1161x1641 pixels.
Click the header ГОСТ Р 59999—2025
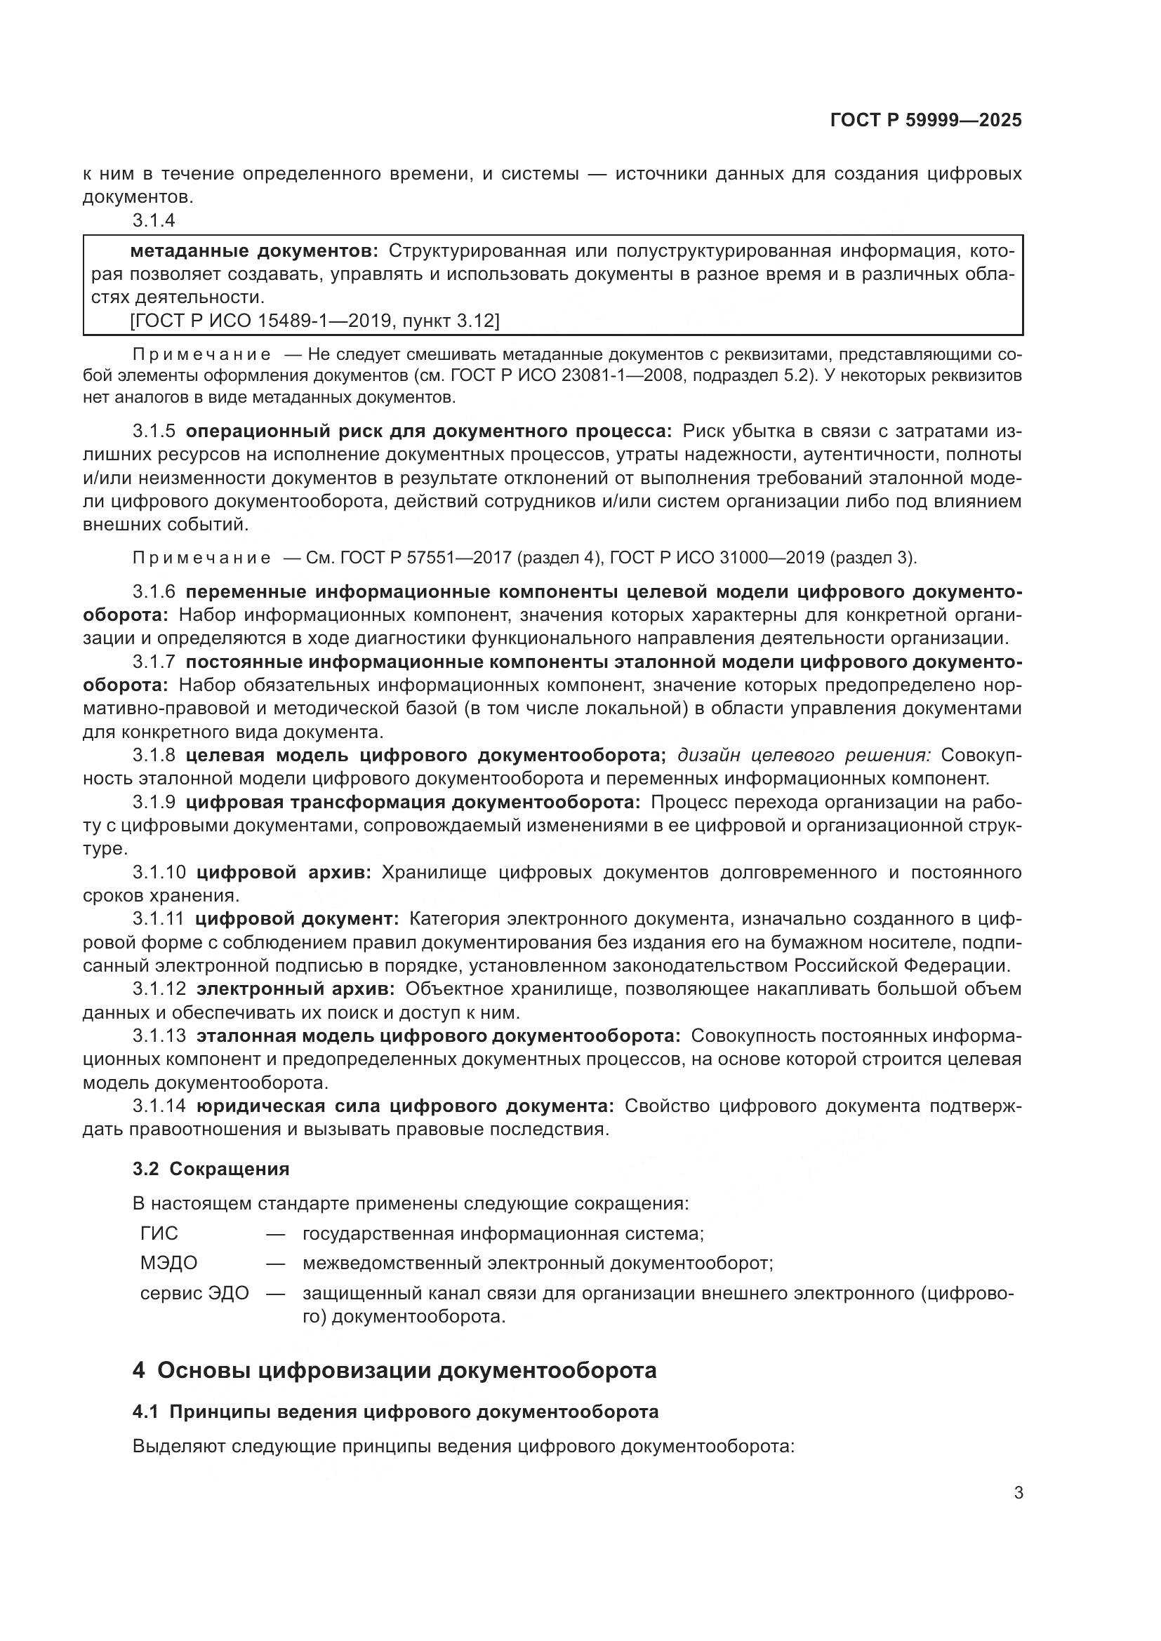point(926,121)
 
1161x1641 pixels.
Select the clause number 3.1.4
point(154,221)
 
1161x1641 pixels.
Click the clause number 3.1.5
point(154,431)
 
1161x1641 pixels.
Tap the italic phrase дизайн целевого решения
point(804,756)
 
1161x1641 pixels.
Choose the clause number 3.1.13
point(159,1036)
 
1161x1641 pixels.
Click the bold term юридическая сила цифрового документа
point(405,1106)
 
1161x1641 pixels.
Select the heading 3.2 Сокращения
point(211,1170)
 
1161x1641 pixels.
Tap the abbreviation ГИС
point(159,1233)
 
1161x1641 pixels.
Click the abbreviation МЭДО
point(168,1263)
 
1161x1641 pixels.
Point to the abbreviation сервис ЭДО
point(194,1293)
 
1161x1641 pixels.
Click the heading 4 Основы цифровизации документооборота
point(394,1370)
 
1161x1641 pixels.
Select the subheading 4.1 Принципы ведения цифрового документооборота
point(395,1412)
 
